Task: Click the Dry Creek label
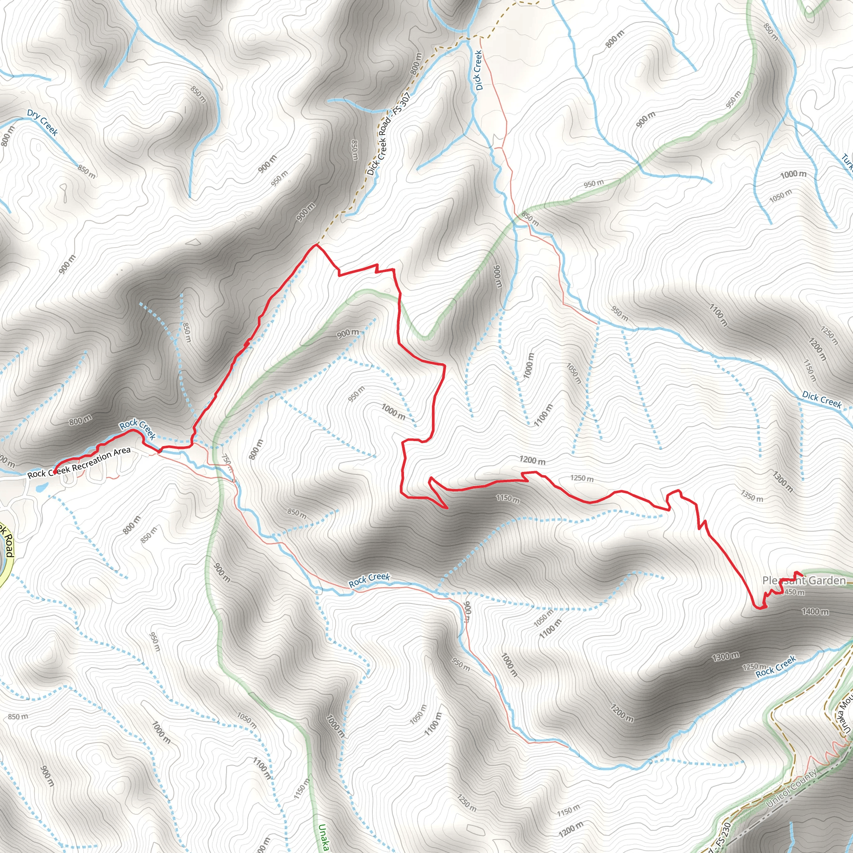click(x=42, y=122)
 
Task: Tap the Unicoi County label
click(x=791, y=788)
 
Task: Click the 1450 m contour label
click(x=793, y=592)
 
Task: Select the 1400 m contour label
click(x=815, y=611)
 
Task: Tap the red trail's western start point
click(x=54, y=471)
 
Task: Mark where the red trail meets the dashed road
click(x=316, y=244)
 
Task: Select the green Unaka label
click(x=324, y=837)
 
